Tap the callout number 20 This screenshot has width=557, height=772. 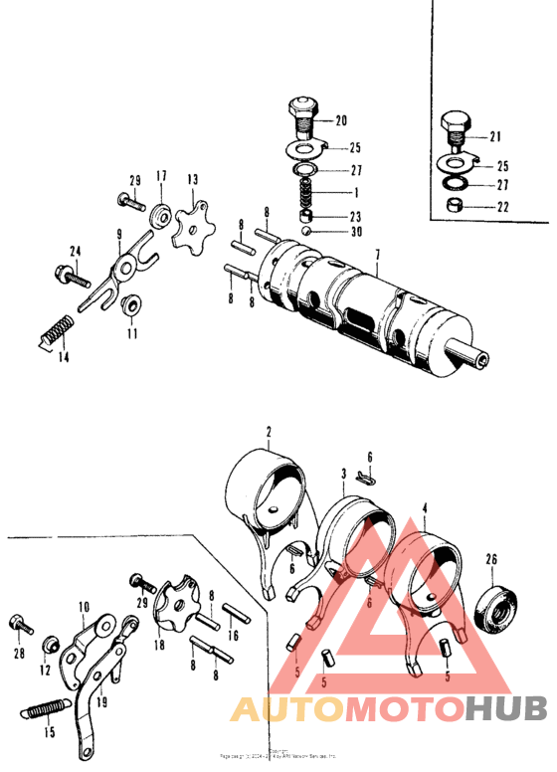[340, 121]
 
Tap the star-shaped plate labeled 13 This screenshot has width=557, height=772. [188, 228]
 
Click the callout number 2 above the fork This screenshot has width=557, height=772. [269, 432]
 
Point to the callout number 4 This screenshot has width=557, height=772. [425, 507]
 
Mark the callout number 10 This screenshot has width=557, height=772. [84, 605]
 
